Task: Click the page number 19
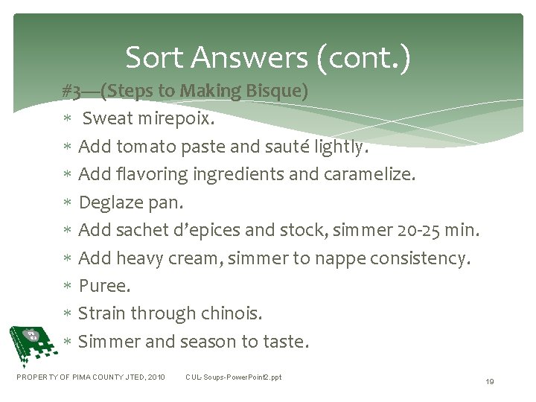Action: coord(489,381)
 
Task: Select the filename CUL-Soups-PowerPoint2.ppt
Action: coord(234,377)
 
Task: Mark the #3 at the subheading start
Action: coord(73,92)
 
